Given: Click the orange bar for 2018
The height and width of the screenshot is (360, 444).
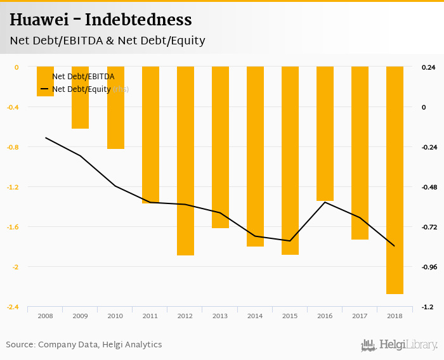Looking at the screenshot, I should click(x=395, y=180).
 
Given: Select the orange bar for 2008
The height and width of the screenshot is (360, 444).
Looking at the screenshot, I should click(x=45, y=81).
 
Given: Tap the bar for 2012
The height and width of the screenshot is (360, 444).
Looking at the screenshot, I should click(x=185, y=161).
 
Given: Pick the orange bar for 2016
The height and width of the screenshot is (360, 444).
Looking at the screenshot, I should click(x=325, y=134).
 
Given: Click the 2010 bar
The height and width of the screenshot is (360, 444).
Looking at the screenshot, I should click(x=115, y=108).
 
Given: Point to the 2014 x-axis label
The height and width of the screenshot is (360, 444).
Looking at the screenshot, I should click(x=255, y=316).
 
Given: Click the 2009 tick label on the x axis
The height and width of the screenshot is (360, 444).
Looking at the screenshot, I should click(x=80, y=316).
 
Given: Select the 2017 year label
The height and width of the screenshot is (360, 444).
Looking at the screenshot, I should click(x=360, y=316).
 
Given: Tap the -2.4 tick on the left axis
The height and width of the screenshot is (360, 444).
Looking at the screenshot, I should click(x=13, y=307).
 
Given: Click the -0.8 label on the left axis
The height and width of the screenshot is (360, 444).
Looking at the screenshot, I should click(x=13, y=147).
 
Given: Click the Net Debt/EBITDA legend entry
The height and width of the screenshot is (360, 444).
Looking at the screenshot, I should click(x=82, y=77).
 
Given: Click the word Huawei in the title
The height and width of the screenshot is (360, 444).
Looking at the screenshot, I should click(x=38, y=20).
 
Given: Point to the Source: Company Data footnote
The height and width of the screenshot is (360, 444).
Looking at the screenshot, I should click(x=84, y=345).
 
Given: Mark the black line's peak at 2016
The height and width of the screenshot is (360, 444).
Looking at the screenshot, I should click(x=325, y=202).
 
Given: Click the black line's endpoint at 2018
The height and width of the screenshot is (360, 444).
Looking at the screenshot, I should click(x=395, y=246).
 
